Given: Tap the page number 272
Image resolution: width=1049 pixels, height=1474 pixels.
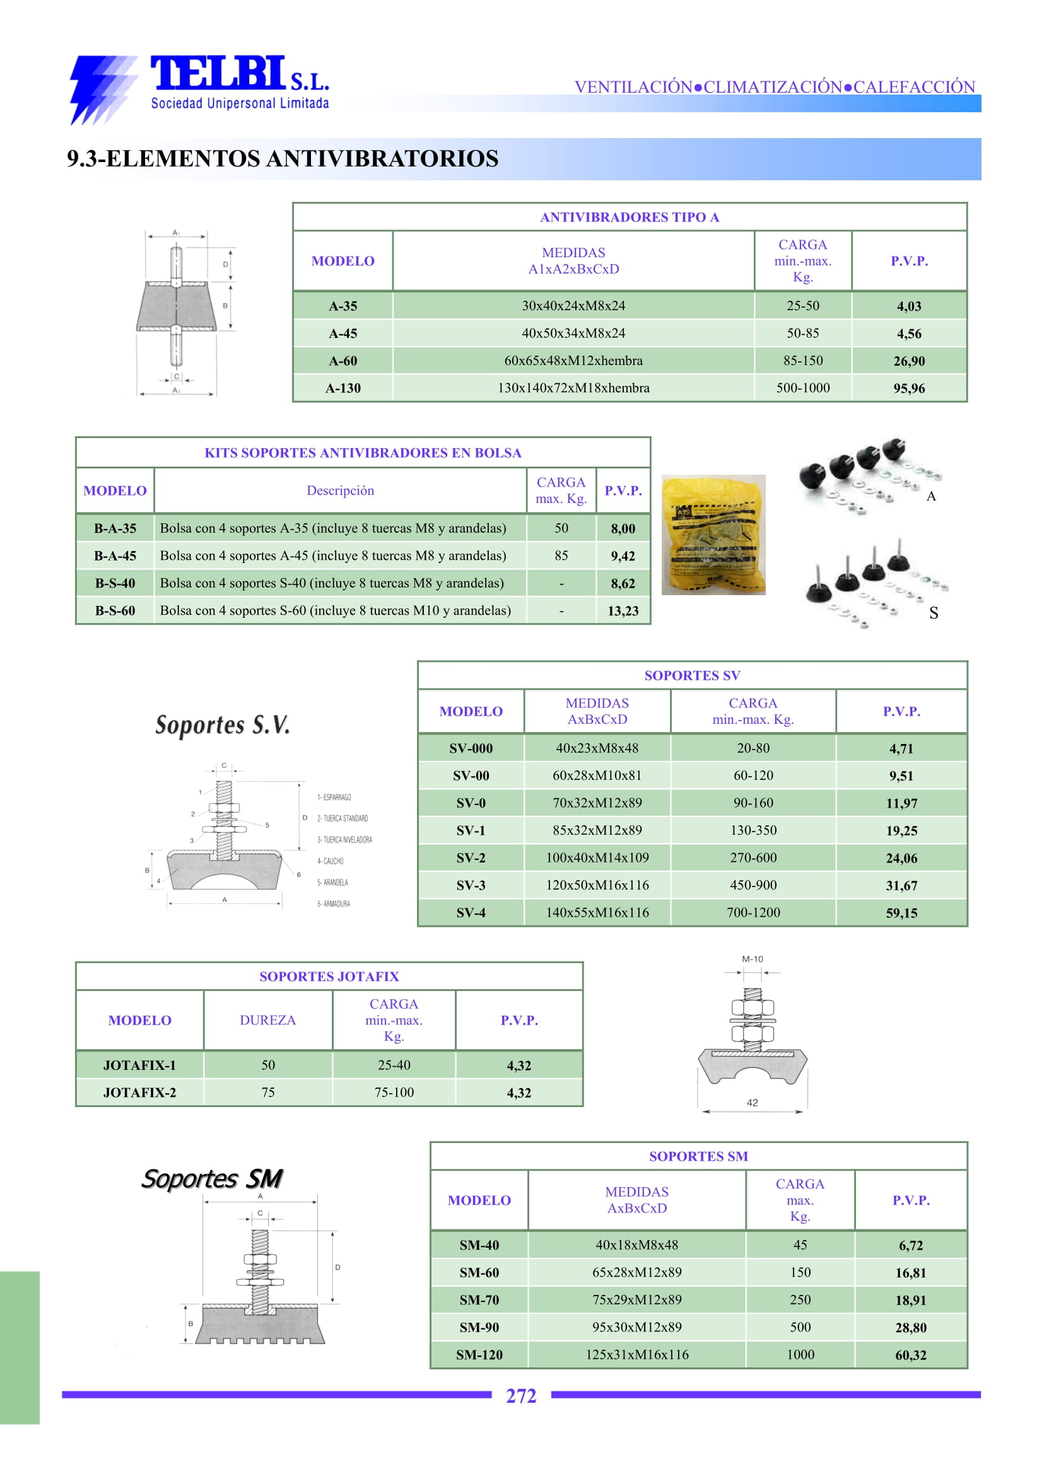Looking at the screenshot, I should pos(520,1396).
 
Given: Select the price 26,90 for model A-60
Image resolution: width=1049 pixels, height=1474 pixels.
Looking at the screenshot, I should pos(908,361).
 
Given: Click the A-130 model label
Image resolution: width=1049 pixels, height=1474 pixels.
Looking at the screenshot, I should pos(343,388).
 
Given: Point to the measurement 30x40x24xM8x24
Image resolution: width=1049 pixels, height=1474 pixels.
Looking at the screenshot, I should pos(573,305).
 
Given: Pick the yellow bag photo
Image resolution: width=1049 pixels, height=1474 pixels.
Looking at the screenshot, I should pos(713,535).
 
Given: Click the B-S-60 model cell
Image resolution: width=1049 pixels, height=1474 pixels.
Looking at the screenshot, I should pos(115,610).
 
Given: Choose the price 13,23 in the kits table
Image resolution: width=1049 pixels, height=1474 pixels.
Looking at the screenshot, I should pos(623,611).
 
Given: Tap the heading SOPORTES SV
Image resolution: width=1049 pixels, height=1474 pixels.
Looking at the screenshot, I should pos(692,675).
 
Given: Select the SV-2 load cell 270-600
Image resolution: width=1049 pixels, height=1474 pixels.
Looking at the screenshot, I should pos(753,857).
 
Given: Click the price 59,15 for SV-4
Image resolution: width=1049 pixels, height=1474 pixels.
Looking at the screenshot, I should pos(901,913).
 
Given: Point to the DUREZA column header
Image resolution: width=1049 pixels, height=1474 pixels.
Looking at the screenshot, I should pos(267,1020).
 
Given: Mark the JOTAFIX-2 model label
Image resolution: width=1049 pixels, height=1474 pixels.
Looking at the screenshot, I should pos(139,1093).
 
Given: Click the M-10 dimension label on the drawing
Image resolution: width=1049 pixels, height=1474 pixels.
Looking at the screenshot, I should pos(752,959).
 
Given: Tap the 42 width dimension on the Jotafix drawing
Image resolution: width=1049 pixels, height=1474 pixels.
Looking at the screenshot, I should pos(752,1103).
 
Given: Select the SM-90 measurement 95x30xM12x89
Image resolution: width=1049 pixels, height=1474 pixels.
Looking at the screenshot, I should pos(636,1327).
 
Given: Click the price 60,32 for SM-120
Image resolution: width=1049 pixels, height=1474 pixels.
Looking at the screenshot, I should pos(910,1355).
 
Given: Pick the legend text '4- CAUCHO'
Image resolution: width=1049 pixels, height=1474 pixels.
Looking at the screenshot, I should pos(330,861).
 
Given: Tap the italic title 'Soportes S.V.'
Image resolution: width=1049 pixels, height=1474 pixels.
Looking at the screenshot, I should pos(222,724).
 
